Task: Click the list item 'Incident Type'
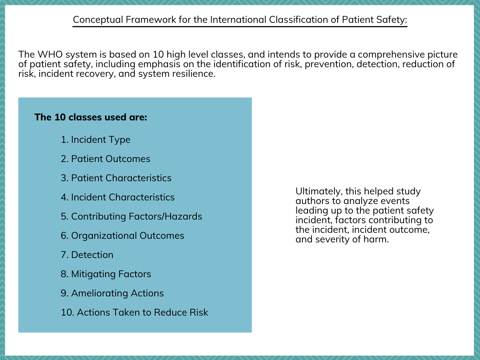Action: (x=100, y=140)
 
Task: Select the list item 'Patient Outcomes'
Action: (x=110, y=159)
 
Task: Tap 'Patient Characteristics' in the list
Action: (x=121, y=178)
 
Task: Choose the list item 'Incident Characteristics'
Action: (x=123, y=197)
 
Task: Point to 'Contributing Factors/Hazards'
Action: (x=136, y=216)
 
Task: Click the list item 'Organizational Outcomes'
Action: (x=128, y=236)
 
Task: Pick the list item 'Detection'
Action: (x=92, y=255)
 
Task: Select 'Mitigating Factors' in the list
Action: (x=111, y=274)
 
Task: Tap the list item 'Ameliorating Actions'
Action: (x=117, y=293)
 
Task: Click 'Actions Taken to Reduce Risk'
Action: (x=142, y=312)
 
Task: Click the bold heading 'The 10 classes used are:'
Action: (x=91, y=117)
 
